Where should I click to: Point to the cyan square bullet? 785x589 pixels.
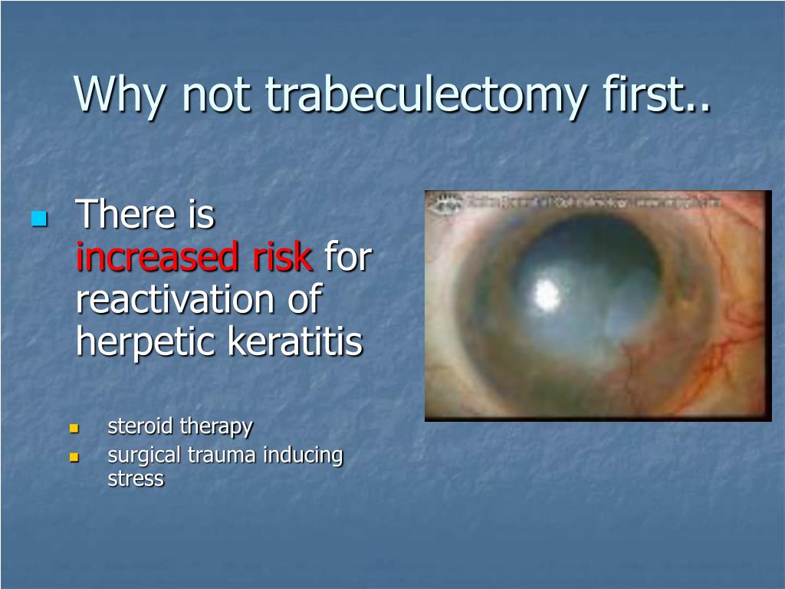point(39,219)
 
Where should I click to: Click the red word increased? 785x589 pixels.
point(159,258)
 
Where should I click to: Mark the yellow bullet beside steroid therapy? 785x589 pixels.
point(74,428)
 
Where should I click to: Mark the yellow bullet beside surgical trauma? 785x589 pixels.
point(74,457)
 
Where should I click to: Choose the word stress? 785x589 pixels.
point(136,479)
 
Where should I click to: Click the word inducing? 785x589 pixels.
point(304,456)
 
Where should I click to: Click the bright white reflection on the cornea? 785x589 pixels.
point(547,292)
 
